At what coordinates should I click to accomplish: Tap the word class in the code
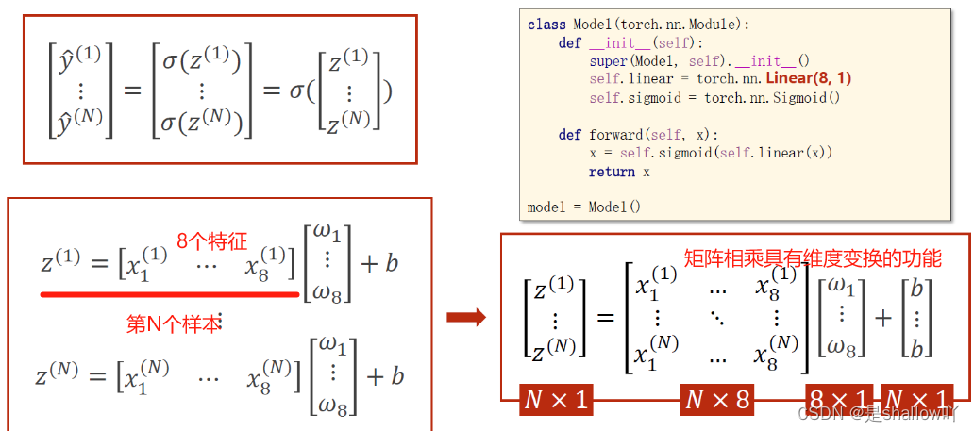(545, 25)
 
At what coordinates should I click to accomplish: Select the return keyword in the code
(612, 172)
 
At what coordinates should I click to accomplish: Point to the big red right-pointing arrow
(466, 317)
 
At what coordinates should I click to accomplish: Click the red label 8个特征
(211, 241)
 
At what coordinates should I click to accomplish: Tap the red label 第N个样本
(174, 323)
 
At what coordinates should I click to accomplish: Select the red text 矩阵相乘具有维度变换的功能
(812, 257)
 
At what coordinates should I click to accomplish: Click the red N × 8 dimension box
(717, 400)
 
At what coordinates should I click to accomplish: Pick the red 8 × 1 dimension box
(839, 400)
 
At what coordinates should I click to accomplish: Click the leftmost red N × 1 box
(556, 400)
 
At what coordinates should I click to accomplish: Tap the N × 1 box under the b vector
(918, 400)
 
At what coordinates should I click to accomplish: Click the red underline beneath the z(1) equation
(170, 294)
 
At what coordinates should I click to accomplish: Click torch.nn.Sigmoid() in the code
(771, 97)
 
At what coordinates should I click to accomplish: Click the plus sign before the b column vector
(883, 318)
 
